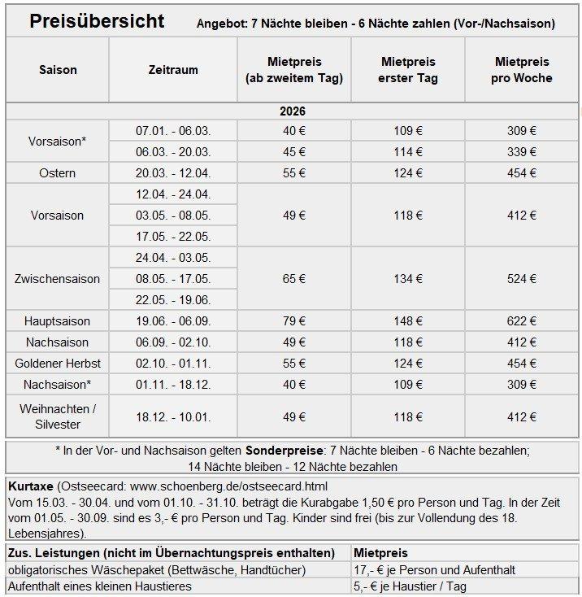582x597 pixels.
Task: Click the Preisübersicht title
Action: pyautogui.click(x=97, y=21)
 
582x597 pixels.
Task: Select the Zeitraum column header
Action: pyautogui.click(x=173, y=70)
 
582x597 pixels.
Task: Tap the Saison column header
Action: pyautogui.click(x=58, y=70)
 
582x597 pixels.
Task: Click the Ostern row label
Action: pyautogui.click(x=58, y=173)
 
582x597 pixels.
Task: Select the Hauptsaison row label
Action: pyautogui.click(x=58, y=321)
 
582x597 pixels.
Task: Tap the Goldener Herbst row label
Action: pyautogui.click(x=58, y=364)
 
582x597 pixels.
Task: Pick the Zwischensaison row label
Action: pyautogui.click(x=58, y=279)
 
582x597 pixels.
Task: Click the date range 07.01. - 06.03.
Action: pyautogui.click(x=173, y=131)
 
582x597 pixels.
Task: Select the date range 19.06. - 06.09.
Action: pyautogui.click(x=173, y=321)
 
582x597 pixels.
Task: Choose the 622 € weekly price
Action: pyautogui.click(x=521, y=321)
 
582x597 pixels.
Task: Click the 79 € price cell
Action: pyautogui.click(x=293, y=321)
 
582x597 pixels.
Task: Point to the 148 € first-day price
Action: pyautogui.click(x=407, y=321)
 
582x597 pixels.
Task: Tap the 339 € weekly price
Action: pyautogui.click(x=521, y=152)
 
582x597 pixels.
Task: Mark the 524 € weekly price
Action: pyautogui.click(x=521, y=279)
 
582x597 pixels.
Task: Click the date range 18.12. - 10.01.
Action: pyautogui.click(x=173, y=417)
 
